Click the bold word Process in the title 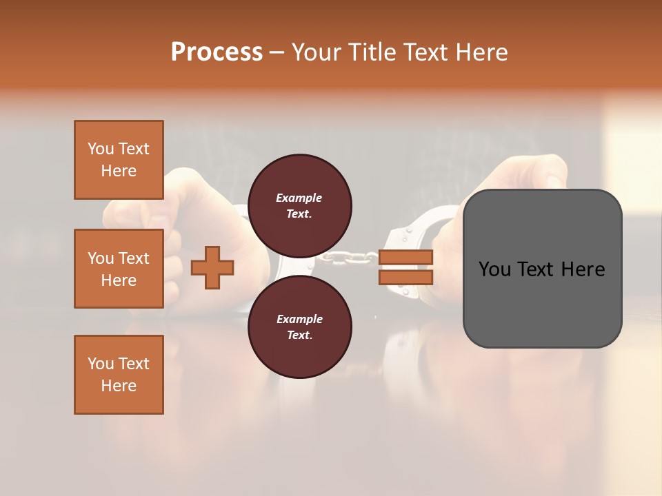point(217,52)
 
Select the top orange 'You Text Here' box point(119,160)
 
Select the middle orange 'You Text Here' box point(119,269)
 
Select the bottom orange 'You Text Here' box point(119,375)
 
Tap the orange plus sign point(212,267)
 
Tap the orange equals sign point(406,267)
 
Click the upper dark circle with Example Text point(299,206)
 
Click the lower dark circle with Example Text point(299,327)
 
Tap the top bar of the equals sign point(406,258)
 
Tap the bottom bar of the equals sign point(406,277)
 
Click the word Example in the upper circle point(299,198)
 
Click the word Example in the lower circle point(299,319)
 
